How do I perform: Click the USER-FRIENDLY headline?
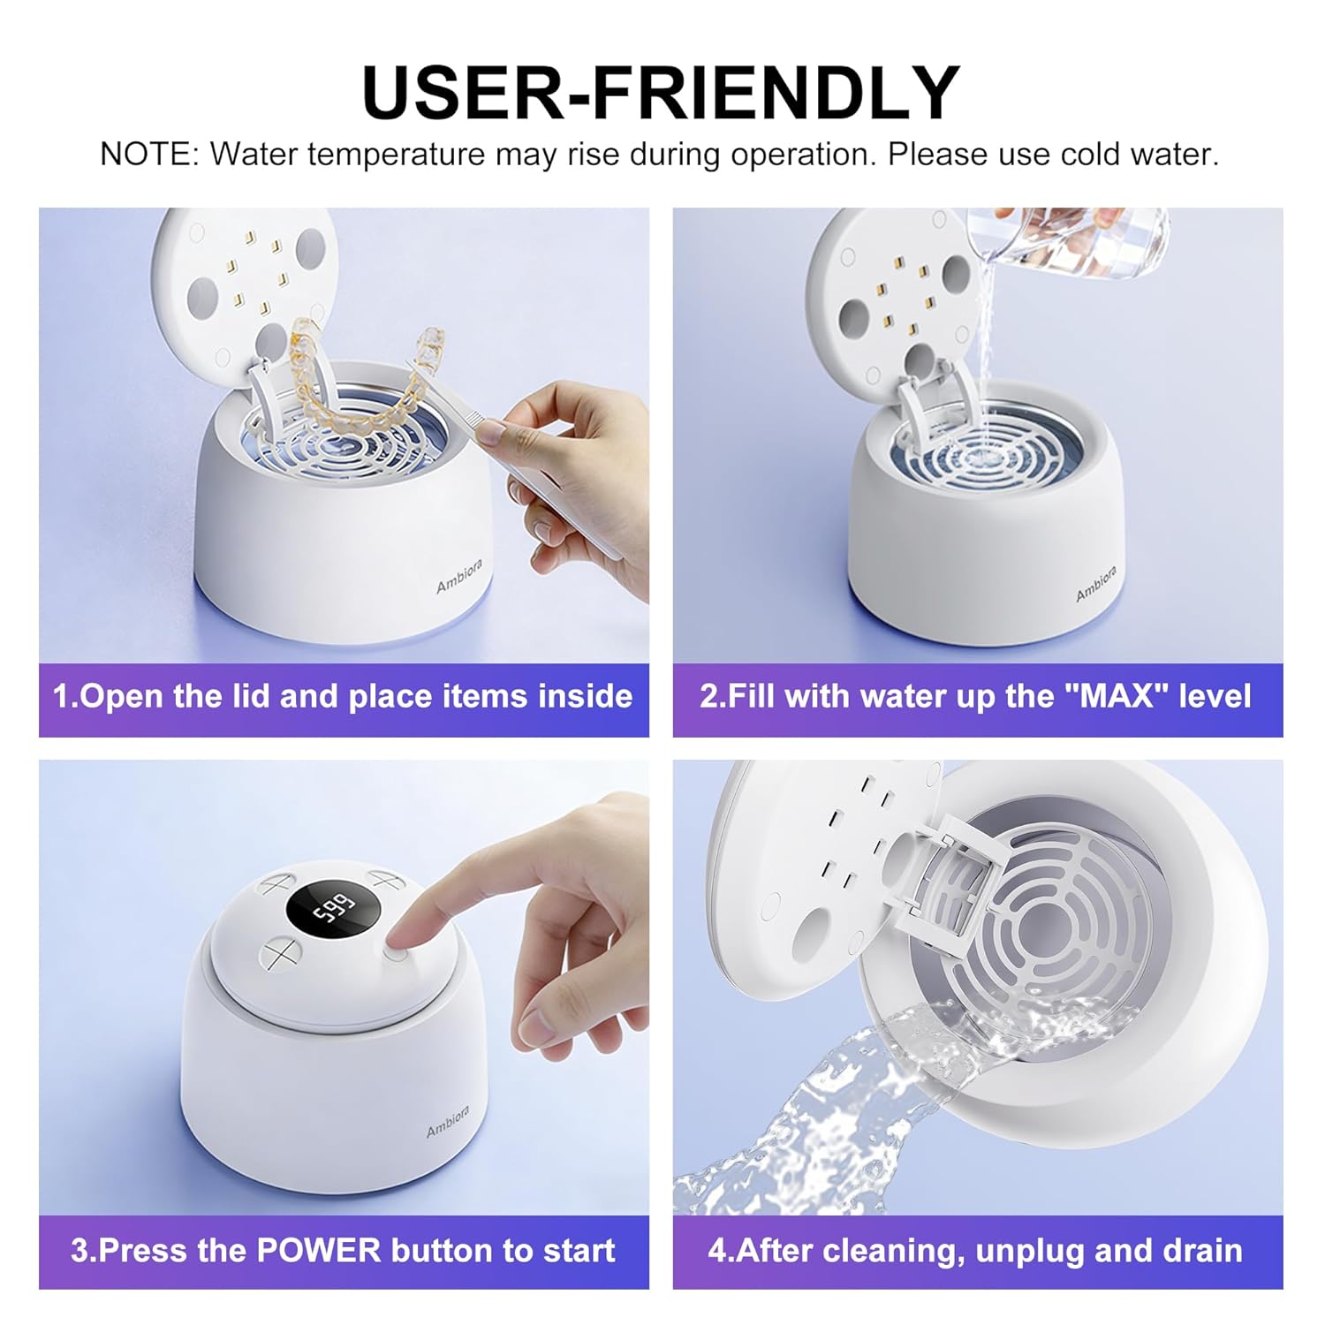pyautogui.click(x=661, y=93)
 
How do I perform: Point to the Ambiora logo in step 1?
pyautogui.click(x=459, y=576)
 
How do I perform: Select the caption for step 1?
pyautogui.click(x=343, y=697)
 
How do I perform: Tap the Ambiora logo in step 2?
pyautogui.click(x=1096, y=584)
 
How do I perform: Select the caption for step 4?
pyautogui.click(x=976, y=1251)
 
